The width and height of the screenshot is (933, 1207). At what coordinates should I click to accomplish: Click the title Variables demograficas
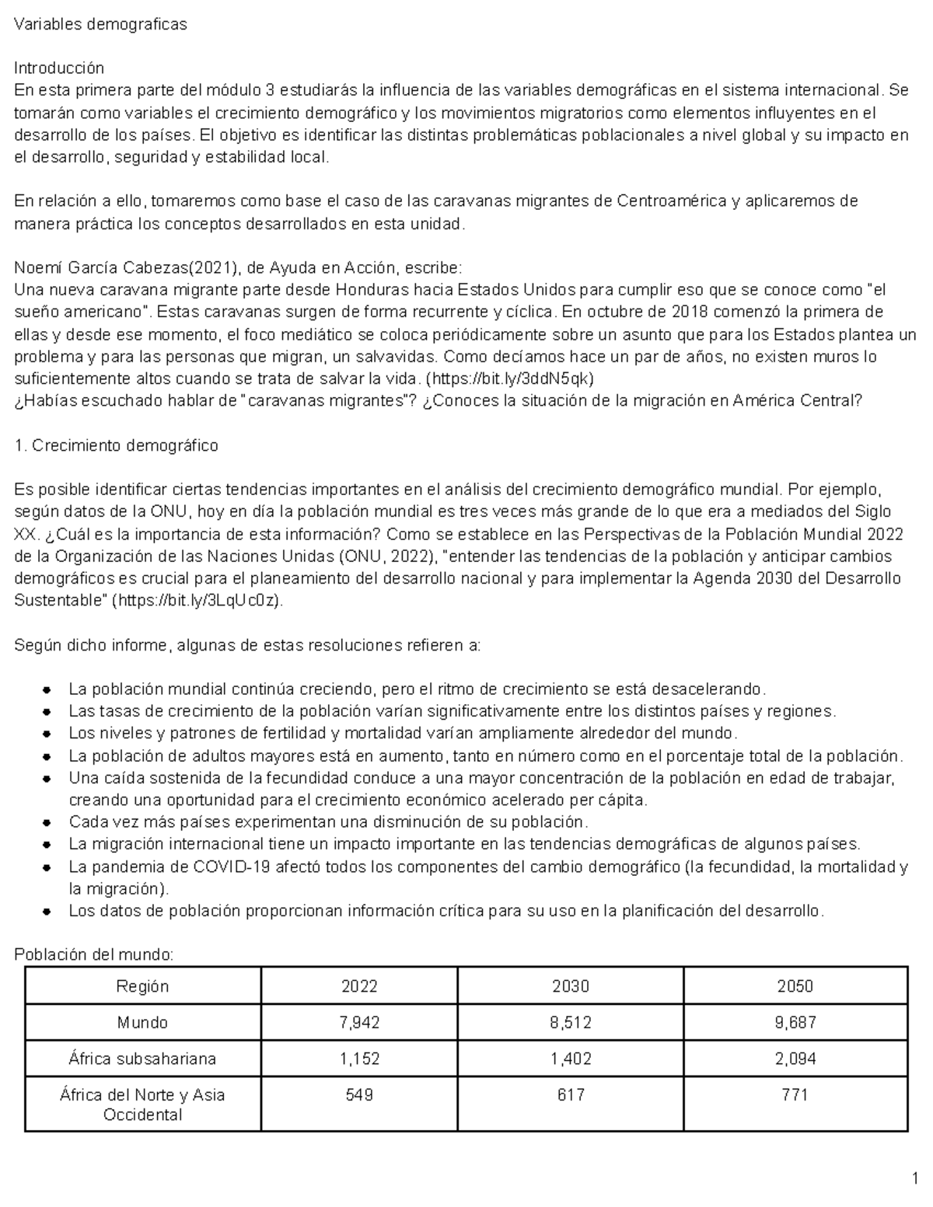click(101, 24)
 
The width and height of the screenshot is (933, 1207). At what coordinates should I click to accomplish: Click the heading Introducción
click(59, 68)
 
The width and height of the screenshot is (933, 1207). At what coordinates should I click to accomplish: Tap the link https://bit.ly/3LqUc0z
click(197, 601)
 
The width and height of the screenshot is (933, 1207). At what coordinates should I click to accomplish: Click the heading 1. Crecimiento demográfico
click(117, 445)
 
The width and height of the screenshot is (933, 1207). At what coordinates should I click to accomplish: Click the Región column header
click(142, 986)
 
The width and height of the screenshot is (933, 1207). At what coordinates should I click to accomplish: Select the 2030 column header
click(570, 986)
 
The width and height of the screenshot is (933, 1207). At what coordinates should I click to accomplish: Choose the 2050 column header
click(795, 986)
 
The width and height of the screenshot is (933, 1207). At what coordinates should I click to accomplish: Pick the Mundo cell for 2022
click(359, 1023)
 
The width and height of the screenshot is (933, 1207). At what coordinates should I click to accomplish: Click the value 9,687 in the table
click(795, 1023)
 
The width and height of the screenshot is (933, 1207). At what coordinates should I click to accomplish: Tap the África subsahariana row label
click(142, 1059)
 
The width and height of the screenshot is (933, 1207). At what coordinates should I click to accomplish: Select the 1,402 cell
click(570, 1059)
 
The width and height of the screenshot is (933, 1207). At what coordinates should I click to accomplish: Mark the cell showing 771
click(795, 1095)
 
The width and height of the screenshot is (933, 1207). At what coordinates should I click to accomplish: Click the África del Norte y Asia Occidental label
click(142, 1104)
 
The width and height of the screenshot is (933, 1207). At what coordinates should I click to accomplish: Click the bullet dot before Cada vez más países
click(48, 822)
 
